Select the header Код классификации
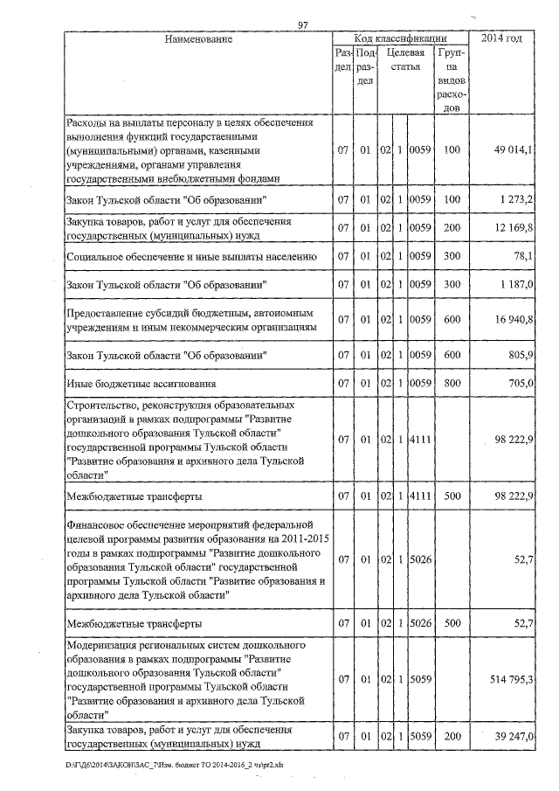pyautogui.click(x=400, y=39)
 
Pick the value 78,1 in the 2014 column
pyautogui.click(x=521, y=257)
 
